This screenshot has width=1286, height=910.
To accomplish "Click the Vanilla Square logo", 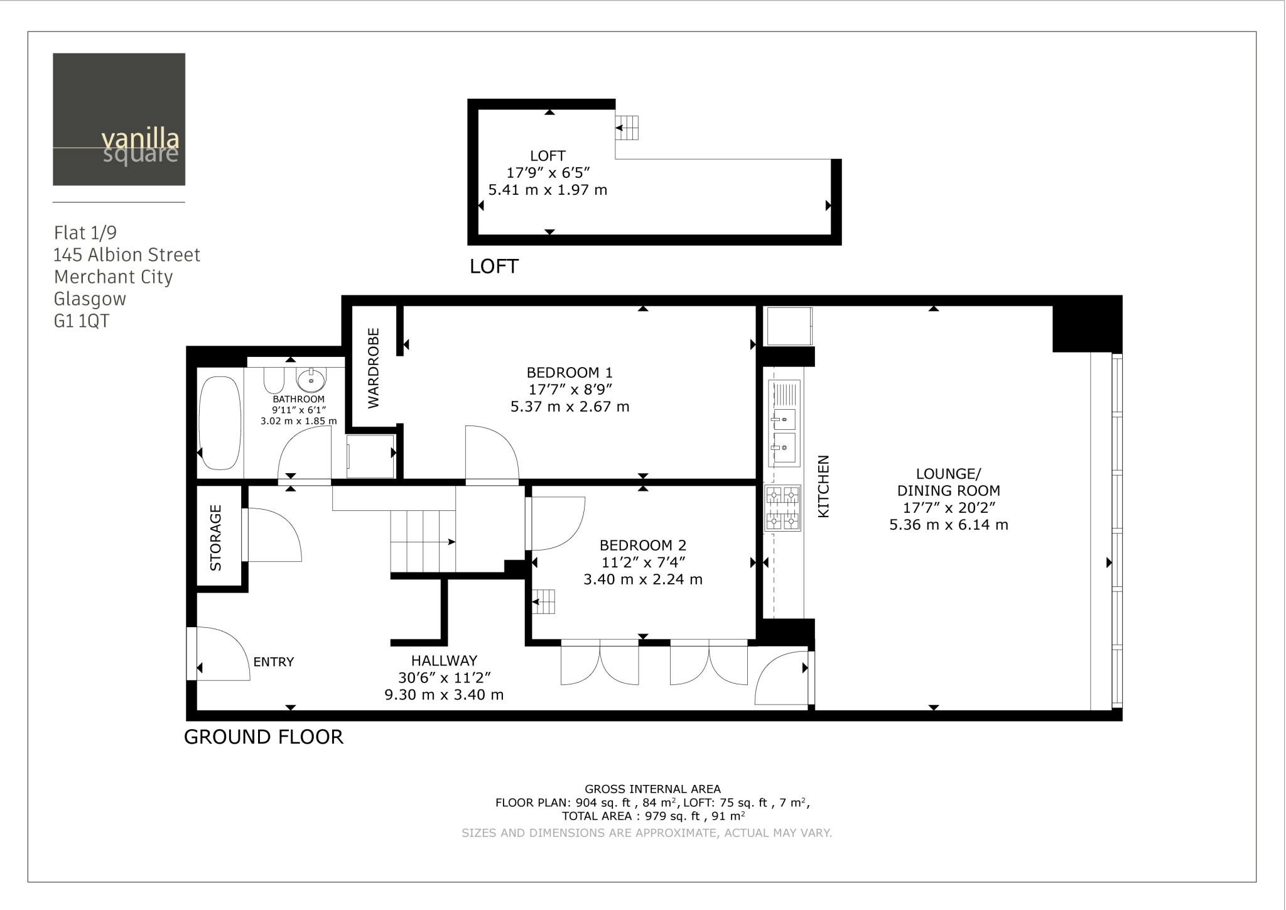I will (x=119, y=119).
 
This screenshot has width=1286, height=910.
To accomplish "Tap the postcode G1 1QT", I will (x=82, y=321).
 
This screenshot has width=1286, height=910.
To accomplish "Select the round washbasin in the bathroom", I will (x=311, y=380).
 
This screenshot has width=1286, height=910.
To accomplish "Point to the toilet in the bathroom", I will (x=274, y=379).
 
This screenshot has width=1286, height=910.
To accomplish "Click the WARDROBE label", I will (x=374, y=368).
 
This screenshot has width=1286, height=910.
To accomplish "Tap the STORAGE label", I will (x=215, y=537).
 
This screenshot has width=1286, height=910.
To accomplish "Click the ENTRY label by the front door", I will (x=273, y=662).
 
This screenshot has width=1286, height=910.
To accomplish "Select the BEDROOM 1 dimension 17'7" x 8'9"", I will (x=570, y=390).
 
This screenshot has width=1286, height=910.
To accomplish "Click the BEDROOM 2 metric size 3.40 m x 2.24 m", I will (x=642, y=579).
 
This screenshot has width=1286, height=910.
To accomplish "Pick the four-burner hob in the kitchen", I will (x=783, y=508).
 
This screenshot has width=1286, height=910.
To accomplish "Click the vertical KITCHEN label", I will (x=823, y=486).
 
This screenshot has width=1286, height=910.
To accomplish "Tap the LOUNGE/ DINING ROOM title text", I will (x=948, y=482).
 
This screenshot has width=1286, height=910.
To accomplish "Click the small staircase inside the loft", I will (x=627, y=128).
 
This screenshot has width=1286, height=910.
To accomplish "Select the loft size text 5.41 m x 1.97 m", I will (x=548, y=190).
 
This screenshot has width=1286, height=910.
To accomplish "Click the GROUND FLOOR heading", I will (x=263, y=737).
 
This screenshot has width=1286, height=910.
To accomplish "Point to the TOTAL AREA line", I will (x=653, y=816).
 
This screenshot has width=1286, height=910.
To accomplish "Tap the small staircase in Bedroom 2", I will (x=544, y=602).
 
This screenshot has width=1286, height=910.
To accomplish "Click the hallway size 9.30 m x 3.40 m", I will (x=444, y=695).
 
